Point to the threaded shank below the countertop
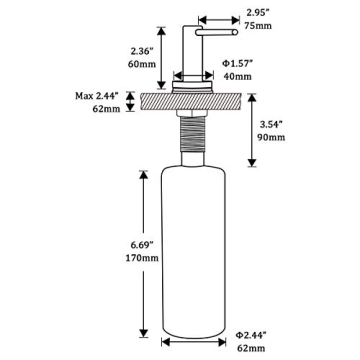click(189, 141)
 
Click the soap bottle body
click(188, 250)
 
